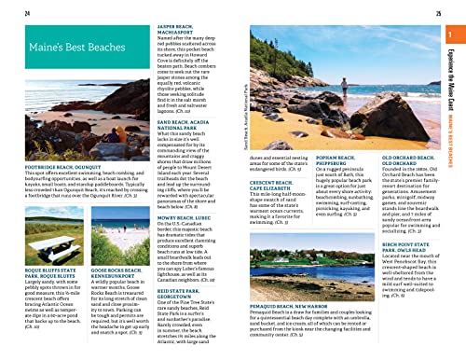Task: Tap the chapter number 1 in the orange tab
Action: click(452, 36)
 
